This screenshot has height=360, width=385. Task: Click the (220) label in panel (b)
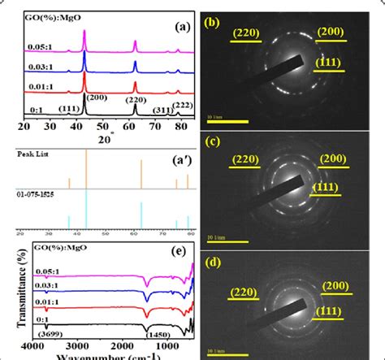[x=249, y=33]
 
